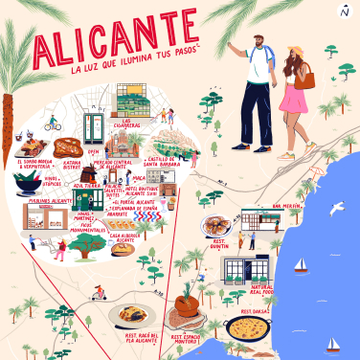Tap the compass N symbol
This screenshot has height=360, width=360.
345,11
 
